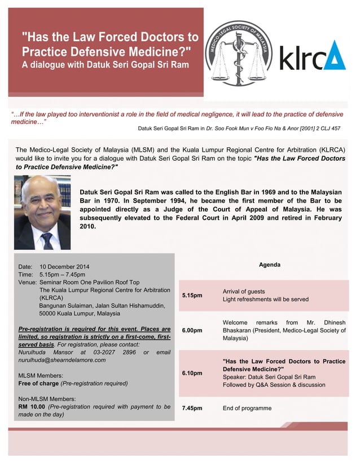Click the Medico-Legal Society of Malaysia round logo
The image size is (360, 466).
click(238, 54)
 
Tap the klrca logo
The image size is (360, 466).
click(313, 55)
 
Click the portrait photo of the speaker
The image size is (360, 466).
click(42, 212)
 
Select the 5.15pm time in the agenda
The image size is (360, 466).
click(192, 295)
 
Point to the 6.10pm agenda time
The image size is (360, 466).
click(192, 373)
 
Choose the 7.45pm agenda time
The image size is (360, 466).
click(192, 407)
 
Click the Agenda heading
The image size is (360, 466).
click(269, 265)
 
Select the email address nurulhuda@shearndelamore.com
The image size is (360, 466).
click(62, 360)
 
